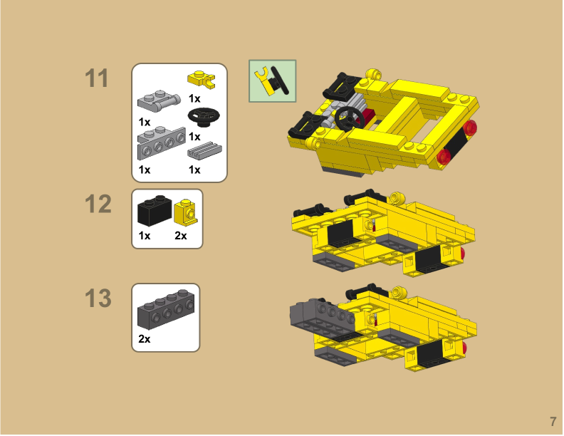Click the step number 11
pyautogui.click(x=98, y=79)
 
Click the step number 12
pyautogui.click(x=98, y=204)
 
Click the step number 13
pyautogui.click(x=98, y=299)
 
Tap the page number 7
pyautogui.click(x=552, y=420)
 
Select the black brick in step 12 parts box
pyautogui.click(x=152, y=211)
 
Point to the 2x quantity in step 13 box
pyautogui.click(x=145, y=340)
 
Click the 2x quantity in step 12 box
pyautogui.click(x=181, y=236)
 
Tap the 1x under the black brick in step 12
pyautogui.click(x=145, y=236)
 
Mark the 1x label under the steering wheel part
pyautogui.click(x=194, y=136)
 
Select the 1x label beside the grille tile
pyautogui.click(x=194, y=170)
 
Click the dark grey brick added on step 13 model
pyautogui.click(x=317, y=312)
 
